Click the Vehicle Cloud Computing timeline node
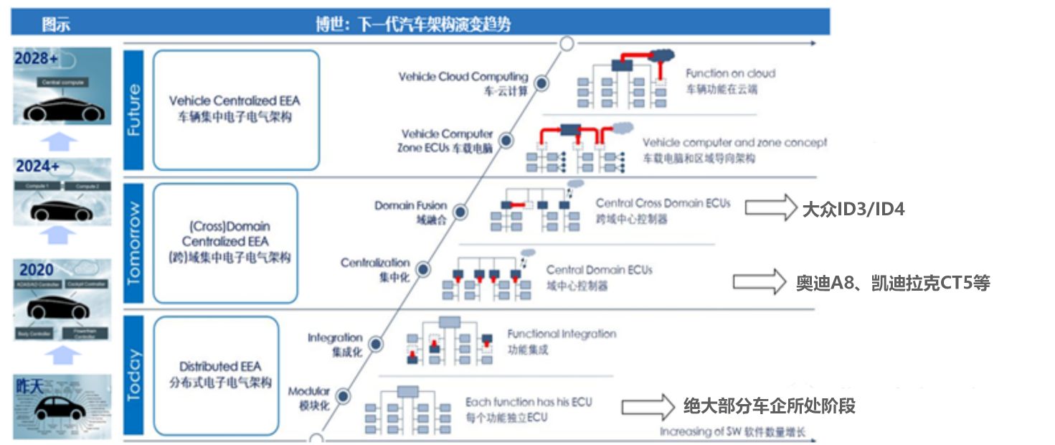pyautogui.click(x=542, y=84)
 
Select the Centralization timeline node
pyautogui.click(x=424, y=269)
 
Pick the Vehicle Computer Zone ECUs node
pyautogui.click(x=506, y=141)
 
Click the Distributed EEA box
pyautogui.click(x=216, y=375)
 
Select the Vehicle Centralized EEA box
pyautogui.click(x=236, y=109)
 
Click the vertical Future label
pyautogui.click(x=134, y=109)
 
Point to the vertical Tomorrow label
pyautogui.click(x=134, y=243)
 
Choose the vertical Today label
pyautogui.click(x=134, y=375)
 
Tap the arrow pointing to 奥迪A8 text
pyautogui.click(x=760, y=281)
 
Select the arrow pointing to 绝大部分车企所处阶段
pyautogui.click(x=648, y=407)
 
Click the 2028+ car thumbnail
pyautogui.click(x=62, y=86)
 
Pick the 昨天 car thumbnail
pyautogui.click(x=62, y=406)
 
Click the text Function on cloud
pyautogui.click(x=730, y=73)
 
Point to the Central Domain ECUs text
pyautogui.click(x=599, y=270)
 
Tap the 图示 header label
pyautogui.click(x=56, y=24)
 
